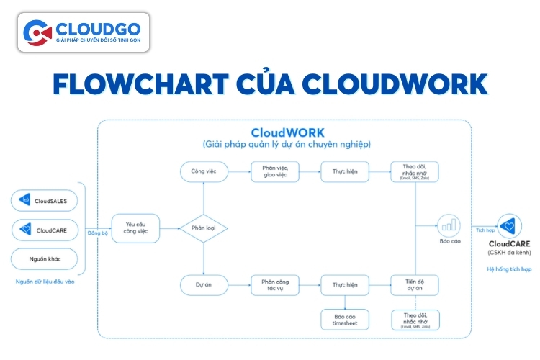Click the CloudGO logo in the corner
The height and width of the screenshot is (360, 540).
[x=84, y=32]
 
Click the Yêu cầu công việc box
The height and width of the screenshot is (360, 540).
[x=135, y=228]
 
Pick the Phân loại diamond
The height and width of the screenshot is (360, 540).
[x=204, y=228]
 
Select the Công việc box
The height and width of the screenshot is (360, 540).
[x=204, y=172]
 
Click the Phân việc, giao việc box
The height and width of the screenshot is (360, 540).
[x=274, y=172]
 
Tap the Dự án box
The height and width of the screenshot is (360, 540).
[x=204, y=284]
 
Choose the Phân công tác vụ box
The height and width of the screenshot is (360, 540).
[x=274, y=284]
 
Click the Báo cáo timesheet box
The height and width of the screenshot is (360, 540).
[x=345, y=319]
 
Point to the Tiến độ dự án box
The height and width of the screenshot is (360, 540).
[x=414, y=284]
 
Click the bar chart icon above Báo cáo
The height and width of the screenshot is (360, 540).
[x=449, y=225]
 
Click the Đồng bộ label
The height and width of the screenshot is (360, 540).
[x=97, y=234]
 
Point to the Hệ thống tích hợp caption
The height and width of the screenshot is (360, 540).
[x=510, y=269]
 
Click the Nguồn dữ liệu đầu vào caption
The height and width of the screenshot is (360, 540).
[x=45, y=282]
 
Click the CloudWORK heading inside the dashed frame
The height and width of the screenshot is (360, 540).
[x=287, y=133]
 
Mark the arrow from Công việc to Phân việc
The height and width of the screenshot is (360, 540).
[x=238, y=172]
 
